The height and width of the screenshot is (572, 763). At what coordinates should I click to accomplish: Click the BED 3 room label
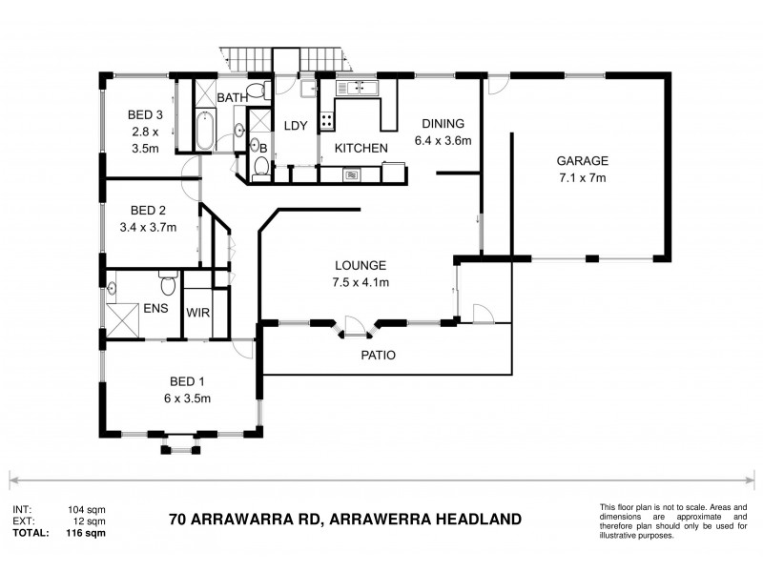(146, 115)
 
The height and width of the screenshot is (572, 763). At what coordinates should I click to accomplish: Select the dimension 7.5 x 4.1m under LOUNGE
(360, 281)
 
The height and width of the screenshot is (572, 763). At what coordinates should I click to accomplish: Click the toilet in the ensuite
(168, 284)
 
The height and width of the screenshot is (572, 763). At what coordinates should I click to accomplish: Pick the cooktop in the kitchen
(326, 121)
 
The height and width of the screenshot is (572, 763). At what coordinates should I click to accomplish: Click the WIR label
(198, 313)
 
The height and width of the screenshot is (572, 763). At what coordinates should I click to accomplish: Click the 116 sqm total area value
(86, 535)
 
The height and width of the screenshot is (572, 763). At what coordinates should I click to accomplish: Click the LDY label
(293, 125)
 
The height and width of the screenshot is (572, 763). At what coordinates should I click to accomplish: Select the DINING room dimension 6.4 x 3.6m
(443, 140)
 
